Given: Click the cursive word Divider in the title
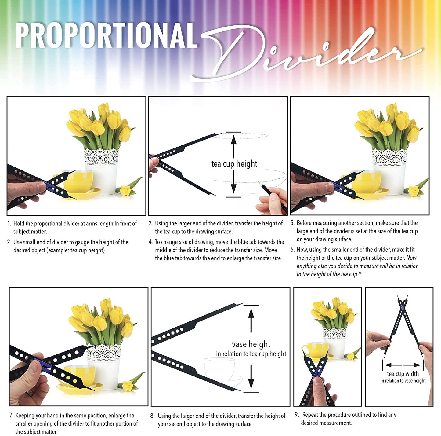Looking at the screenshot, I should (305, 55).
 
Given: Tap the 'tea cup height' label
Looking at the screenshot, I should (234, 164).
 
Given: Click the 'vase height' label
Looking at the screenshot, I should (251, 344).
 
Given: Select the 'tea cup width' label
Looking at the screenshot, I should (403, 374).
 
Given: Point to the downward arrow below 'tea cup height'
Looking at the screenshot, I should (233, 183).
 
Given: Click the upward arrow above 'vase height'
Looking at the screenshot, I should (251, 319).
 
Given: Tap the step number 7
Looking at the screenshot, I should (11, 416).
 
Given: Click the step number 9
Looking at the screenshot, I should (297, 415).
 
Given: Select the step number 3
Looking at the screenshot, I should (150, 223).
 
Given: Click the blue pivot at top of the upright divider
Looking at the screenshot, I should (403, 308).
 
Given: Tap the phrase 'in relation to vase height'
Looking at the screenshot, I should (403, 381).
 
